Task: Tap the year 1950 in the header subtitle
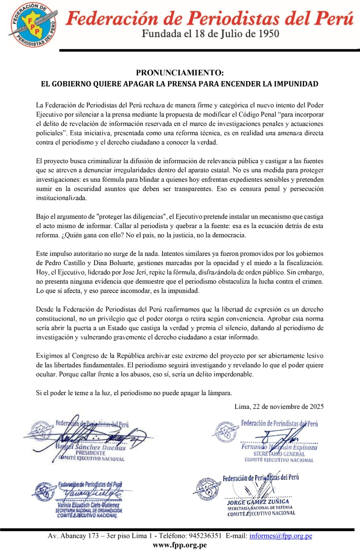pyautogui.click(x=268, y=34)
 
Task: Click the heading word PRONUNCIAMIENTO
pyautogui.click(x=179, y=73)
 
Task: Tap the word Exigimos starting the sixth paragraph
pyautogui.click(x=50, y=356)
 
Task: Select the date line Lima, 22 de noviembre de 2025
pyautogui.click(x=279, y=407)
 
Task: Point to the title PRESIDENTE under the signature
pyautogui.click(x=90, y=453)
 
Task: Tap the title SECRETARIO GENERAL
pyautogui.click(x=279, y=454)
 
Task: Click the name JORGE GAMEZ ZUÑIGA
pyautogui.click(x=258, y=502)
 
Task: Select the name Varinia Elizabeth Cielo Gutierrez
pyautogui.click(x=88, y=505)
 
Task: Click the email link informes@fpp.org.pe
pyautogui.click(x=280, y=536)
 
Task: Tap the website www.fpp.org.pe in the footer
pyautogui.click(x=180, y=545)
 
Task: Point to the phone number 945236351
pyautogui.click(x=205, y=536)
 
